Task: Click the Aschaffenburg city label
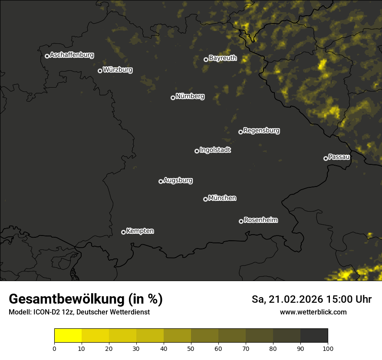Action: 72,55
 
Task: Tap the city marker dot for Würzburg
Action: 100,71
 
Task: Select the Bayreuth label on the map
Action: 223,58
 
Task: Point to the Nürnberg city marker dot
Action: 173,98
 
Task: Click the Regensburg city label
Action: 261,131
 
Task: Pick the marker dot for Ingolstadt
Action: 197,151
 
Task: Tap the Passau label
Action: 339,157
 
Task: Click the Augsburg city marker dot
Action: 161,181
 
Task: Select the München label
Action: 222,198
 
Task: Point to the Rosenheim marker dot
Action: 241,221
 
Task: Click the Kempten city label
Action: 140,231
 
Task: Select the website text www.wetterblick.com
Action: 313,312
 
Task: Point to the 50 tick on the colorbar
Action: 191,348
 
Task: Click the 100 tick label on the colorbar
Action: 328,348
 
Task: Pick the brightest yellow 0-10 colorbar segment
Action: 68,336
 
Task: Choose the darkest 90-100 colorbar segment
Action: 314,336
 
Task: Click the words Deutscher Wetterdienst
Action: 115,312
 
